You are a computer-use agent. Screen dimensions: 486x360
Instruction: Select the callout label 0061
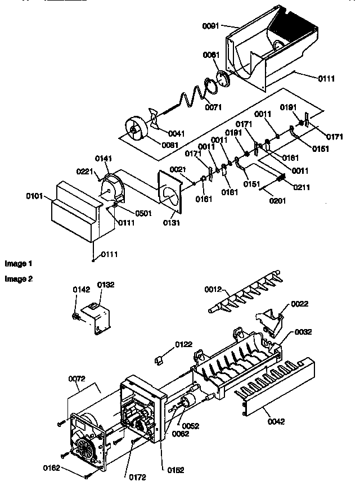tap(211, 55)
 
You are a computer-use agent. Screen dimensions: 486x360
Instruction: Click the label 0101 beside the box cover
tap(34, 197)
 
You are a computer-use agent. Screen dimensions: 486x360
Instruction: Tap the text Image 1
tap(19, 264)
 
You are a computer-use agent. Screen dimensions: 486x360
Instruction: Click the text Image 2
tap(19, 278)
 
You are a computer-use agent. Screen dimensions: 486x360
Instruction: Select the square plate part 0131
tap(172, 191)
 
